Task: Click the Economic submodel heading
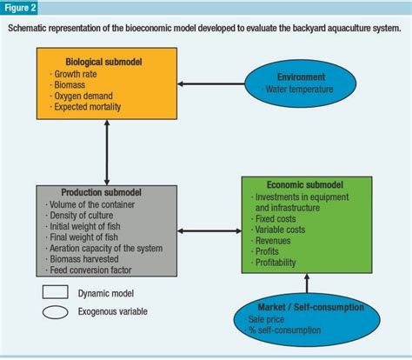coord(292,186)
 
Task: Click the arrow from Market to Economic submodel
coord(306,284)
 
